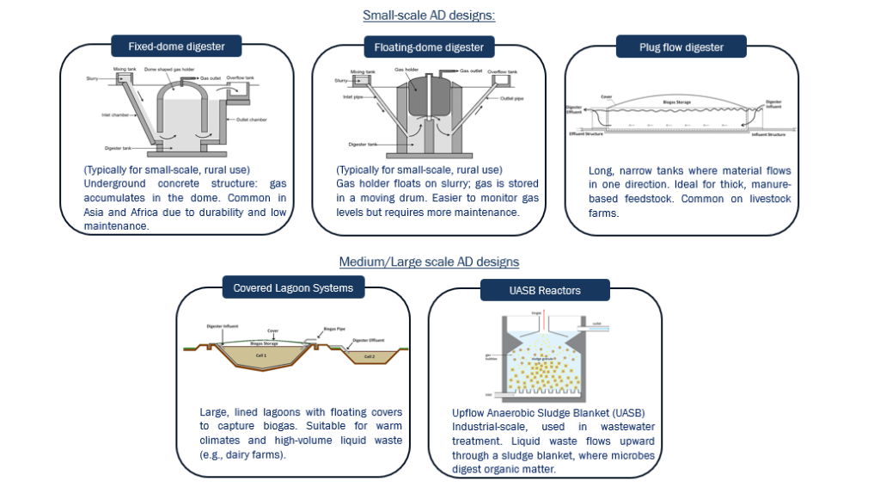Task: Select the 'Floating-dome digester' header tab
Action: click(x=428, y=46)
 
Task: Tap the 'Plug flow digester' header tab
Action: click(x=681, y=46)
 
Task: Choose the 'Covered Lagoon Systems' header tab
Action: click(x=293, y=287)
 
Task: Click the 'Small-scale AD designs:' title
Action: click(x=428, y=15)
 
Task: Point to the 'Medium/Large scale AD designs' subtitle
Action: click(x=428, y=262)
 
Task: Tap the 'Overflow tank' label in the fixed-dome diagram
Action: click(x=239, y=77)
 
